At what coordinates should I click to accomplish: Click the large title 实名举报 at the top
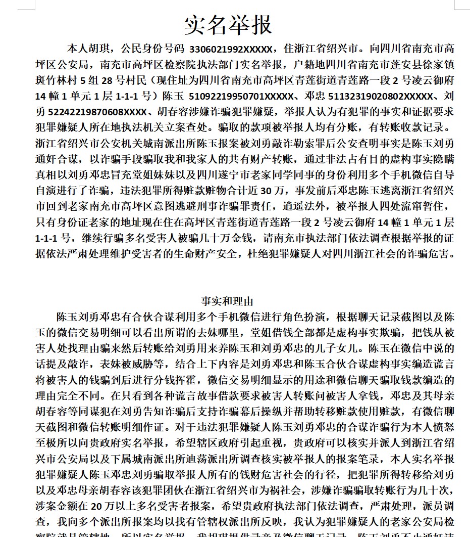tap(228, 25)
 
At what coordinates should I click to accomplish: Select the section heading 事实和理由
tap(227, 302)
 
